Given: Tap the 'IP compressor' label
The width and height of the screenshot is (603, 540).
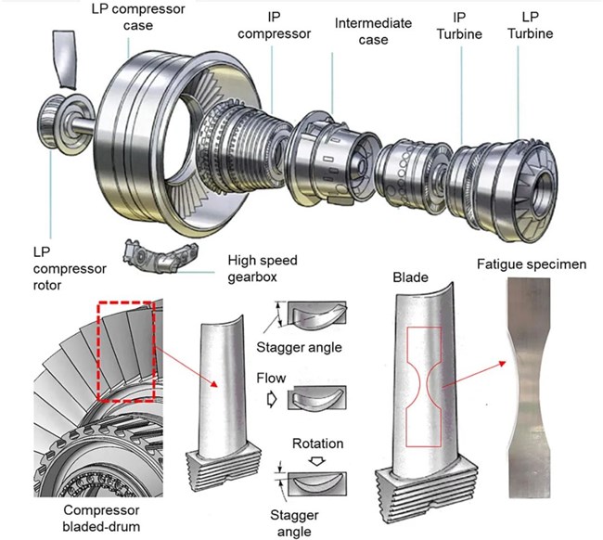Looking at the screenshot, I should click(x=271, y=26).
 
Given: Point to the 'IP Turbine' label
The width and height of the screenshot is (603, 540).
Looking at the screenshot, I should click(x=460, y=26).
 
